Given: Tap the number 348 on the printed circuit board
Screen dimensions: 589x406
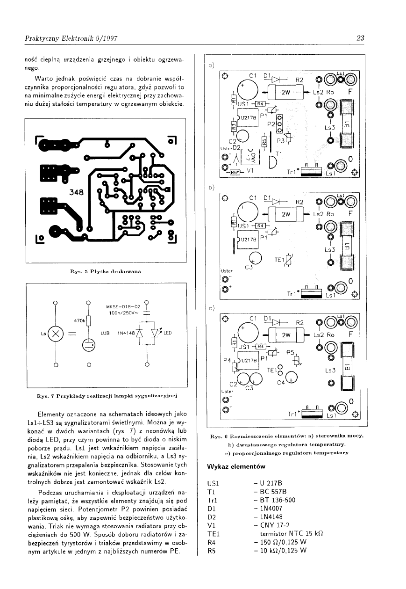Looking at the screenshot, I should (76, 192).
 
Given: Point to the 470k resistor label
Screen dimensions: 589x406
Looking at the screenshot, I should (80, 320).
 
